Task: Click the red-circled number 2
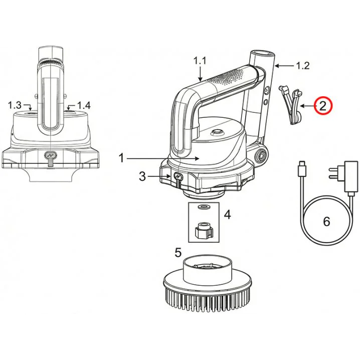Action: pyautogui.click(x=322, y=106)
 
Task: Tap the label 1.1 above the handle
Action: pyautogui.click(x=200, y=61)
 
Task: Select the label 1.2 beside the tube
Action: pyautogui.click(x=303, y=66)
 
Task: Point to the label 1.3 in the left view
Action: pyautogui.click(x=15, y=105)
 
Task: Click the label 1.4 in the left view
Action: pyautogui.click(x=84, y=105)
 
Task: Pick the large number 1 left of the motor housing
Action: pyautogui.click(x=121, y=158)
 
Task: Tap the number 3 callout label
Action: pyautogui.click(x=142, y=176)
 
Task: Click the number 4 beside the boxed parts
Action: pyautogui.click(x=227, y=215)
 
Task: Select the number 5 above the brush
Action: pyautogui.click(x=178, y=252)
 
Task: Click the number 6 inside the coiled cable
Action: pyautogui.click(x=326, y=222)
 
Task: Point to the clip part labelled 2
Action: pyautogui.click(x=290, y=104)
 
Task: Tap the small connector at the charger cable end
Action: pyautogui.click(x=301, y=169)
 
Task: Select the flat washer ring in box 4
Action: pyautogui.click(x=205, y=207)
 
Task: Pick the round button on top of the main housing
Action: pyautogui.click(x=217, y=132)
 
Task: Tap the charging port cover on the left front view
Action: pyautogui.click(x=50, y=158)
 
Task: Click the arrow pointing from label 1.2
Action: pyautogui.click(x=284, y=66)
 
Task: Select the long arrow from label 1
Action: pyautogui.click(x=163, y=158)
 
